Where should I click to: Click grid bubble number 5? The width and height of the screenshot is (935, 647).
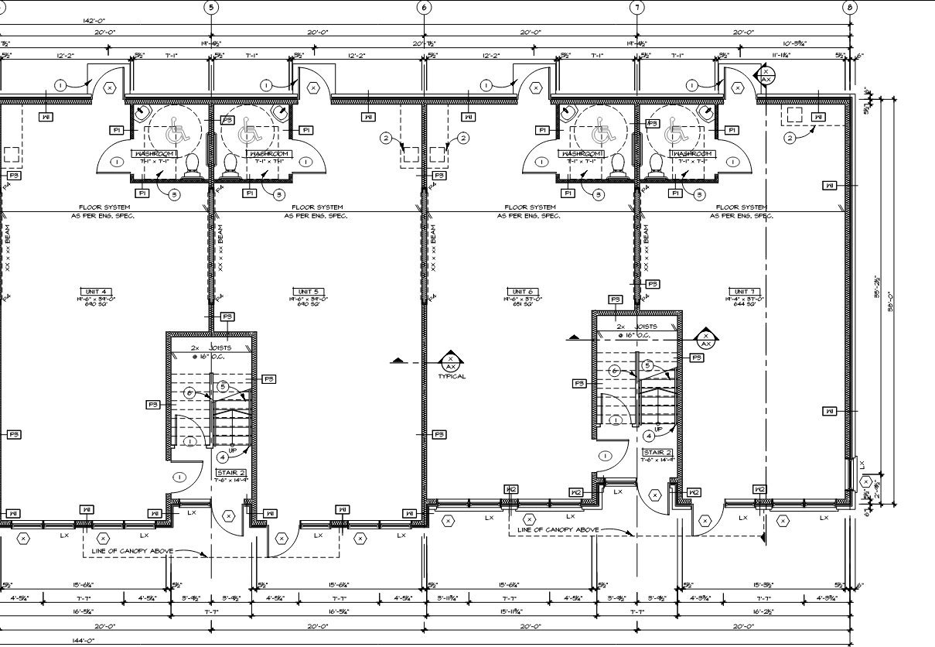tap(210, 8)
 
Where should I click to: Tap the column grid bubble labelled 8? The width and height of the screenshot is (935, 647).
tap(850, 8)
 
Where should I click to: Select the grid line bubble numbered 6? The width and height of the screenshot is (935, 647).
tap(424, 8)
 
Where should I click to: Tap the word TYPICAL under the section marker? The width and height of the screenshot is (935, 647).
tap(452, 377)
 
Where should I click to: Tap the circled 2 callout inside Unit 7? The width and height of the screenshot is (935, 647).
tap(790, 138)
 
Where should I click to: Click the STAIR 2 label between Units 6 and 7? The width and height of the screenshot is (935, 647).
tap(658, 453)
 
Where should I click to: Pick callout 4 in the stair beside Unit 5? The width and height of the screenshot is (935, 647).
tap(222, 457)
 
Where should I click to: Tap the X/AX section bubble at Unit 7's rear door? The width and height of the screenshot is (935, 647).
tap(766, 76)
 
